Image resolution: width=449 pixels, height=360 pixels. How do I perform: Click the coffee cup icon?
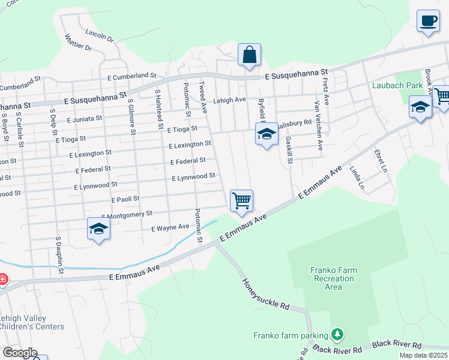[428, 22]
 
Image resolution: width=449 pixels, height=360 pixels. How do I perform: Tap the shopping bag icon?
[249, 55]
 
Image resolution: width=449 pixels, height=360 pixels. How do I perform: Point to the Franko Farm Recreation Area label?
[333, 278]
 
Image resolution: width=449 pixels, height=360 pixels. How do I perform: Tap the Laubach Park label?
[397, 85]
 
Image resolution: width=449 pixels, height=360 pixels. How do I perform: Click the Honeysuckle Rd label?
[265, 293]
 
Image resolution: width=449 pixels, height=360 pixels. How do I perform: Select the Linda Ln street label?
[357, 178]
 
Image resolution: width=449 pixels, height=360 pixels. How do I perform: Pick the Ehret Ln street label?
[380, 160]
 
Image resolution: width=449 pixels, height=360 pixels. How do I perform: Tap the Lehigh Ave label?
[230, 100]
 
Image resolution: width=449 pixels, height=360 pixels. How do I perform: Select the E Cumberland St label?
[131, 76]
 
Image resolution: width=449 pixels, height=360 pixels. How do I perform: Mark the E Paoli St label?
[125, 199]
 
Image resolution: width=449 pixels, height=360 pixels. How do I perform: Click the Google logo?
[20, 353]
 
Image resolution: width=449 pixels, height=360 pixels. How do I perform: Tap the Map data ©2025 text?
[424, 355]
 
